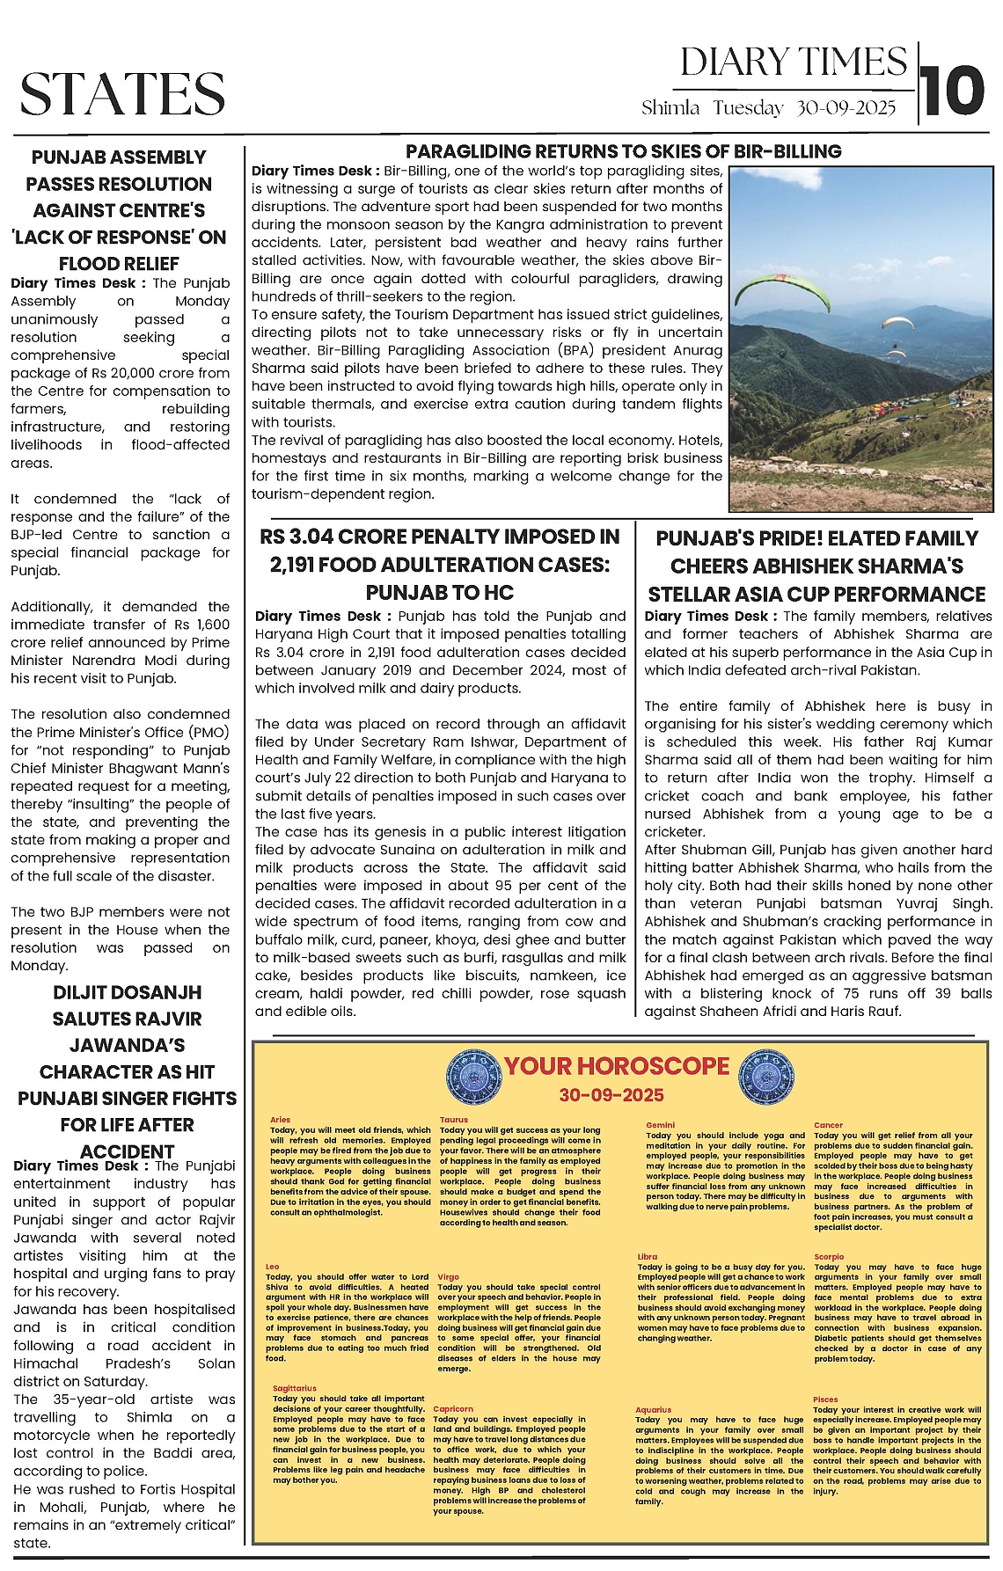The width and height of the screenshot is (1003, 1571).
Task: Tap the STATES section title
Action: pyautogui.click(x=122, y=94)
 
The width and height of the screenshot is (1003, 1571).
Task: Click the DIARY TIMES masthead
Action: pyautogui.click(x=793, y=62)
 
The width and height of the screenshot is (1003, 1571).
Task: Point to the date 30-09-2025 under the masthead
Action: pyautogui.click(x=846, y=108)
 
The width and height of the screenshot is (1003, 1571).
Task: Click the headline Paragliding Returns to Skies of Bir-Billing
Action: pyautogui.click(x=623, y=151)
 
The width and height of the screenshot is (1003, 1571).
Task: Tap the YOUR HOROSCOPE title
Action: pyautogui.click(x=616, y=1066)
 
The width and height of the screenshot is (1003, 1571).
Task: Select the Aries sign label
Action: pyautogui.click(x=280, y=1120)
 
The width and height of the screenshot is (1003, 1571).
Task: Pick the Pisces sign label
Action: pyautogui.click(x=825, y=1399)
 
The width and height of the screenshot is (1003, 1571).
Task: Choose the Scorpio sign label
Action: pyautogui.click(x=829, y=1257)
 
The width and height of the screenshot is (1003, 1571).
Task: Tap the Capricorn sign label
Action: pyautogui.click(x=453, y=1409)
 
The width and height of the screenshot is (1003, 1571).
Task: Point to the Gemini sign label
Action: pyautogui.click(x=660, y=1125)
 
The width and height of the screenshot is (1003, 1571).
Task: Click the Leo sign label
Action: pyautogui.click(x=273, y=1267)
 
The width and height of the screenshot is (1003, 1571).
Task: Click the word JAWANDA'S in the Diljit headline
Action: pyautogui.click(x=128, y=1045)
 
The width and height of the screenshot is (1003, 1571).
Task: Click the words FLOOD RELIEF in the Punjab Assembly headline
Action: pyautogui.click(x=119, y=264)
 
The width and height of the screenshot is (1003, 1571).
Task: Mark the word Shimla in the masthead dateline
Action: pyautogui.click(x=670, y=108)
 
